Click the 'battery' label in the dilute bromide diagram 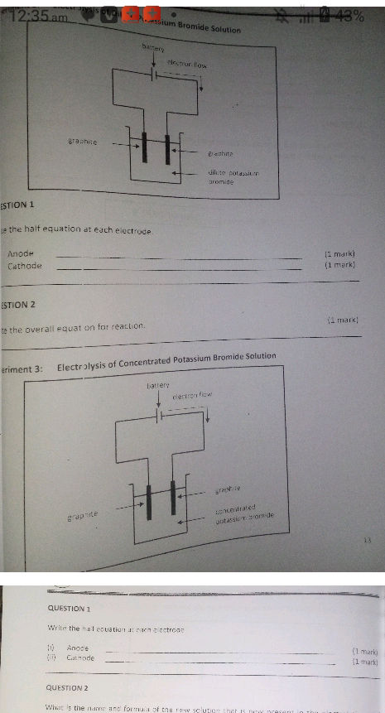[154, 51]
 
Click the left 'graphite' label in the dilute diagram [83, 142]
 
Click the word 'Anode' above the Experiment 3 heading [20, 253]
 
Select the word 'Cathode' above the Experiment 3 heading [24, 266]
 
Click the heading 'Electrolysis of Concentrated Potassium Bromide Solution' [166, 357]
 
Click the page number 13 [365, 540]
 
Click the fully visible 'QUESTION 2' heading [69, 687]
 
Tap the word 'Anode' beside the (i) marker [77, 648]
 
